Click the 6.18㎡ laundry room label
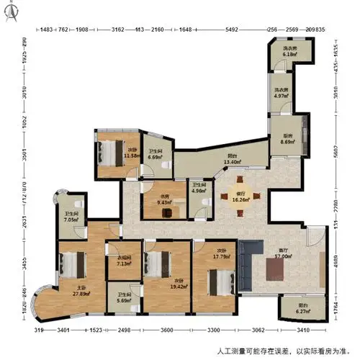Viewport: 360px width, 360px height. [289, 52]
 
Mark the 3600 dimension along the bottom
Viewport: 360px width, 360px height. [167, 330]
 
